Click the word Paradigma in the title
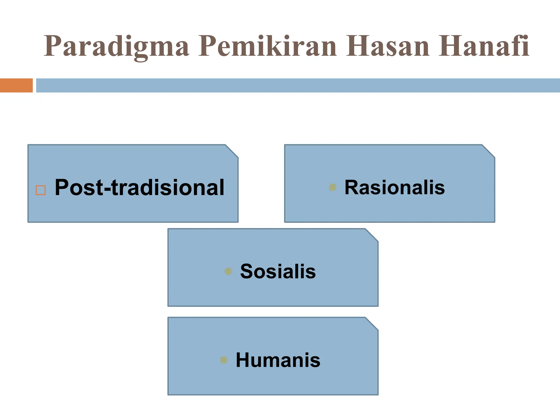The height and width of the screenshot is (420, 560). point(116,46)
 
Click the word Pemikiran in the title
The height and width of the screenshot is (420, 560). point(267,46)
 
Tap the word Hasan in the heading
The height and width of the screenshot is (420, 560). point(387,46)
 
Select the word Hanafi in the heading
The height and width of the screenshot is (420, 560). point(484,46)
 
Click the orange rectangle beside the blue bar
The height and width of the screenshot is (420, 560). point(16,85)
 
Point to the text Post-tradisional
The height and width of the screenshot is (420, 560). point(139,188)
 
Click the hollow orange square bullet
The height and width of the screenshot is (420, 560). point(41,190)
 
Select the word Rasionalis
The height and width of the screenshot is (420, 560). point(394,188)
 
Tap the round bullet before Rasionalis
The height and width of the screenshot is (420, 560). point(332,187)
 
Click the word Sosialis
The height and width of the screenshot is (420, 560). point(278,272)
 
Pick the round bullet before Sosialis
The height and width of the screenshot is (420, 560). point(228,271)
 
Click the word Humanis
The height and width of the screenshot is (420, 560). point(278,360)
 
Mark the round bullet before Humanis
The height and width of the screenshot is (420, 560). point(224,360)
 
